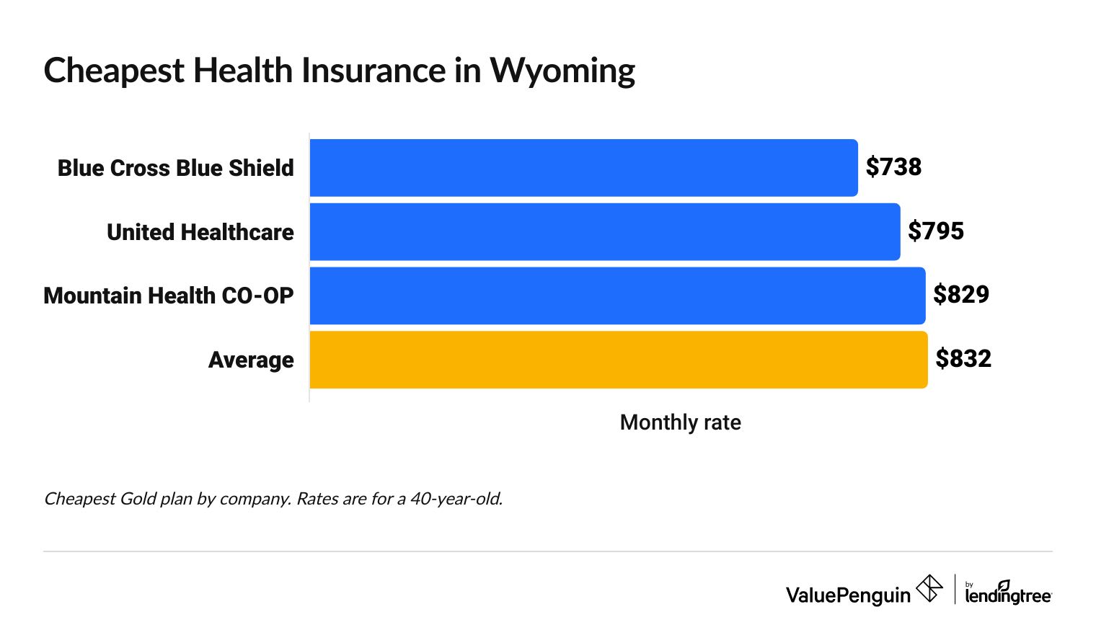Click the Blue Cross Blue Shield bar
[x=583, y=168]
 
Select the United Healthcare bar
[x=604, y=232]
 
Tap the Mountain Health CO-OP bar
[x=617, y=296]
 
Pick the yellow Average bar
[x=618, y=360]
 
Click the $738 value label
[x=893, y=167]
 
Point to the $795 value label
[x=935, y=231]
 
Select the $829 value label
[x=961, y=295]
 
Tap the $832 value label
[x=963, y=359]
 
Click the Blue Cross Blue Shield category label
[x=176, y=168]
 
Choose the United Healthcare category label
[x=200, y=232]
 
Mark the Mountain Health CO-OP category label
[x=169, y=296]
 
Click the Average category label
[x=251, y=360]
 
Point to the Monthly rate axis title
[x=680, y=422]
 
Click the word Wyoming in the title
[x=562, y=71]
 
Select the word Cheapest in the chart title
[x=114, y=71]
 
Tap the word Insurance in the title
[x=374, y=71]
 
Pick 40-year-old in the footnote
[x=456, y=499]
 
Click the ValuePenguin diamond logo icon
[x=929, y=588]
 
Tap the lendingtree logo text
[x=1008, y=595]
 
